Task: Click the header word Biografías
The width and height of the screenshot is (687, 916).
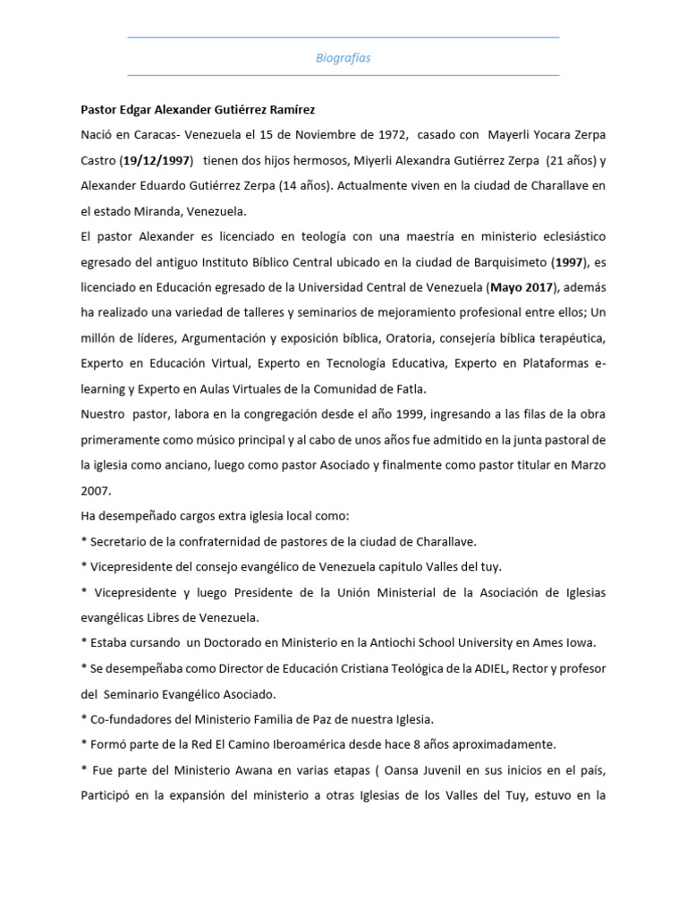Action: tap(343, 57)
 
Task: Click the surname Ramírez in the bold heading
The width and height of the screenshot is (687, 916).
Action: tap(285, 110)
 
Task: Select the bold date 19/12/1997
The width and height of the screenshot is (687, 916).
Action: tap(157, 160)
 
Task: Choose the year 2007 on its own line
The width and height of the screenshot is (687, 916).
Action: tap(96, 491)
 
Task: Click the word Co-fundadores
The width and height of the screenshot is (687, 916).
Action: tap(127, 719)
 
